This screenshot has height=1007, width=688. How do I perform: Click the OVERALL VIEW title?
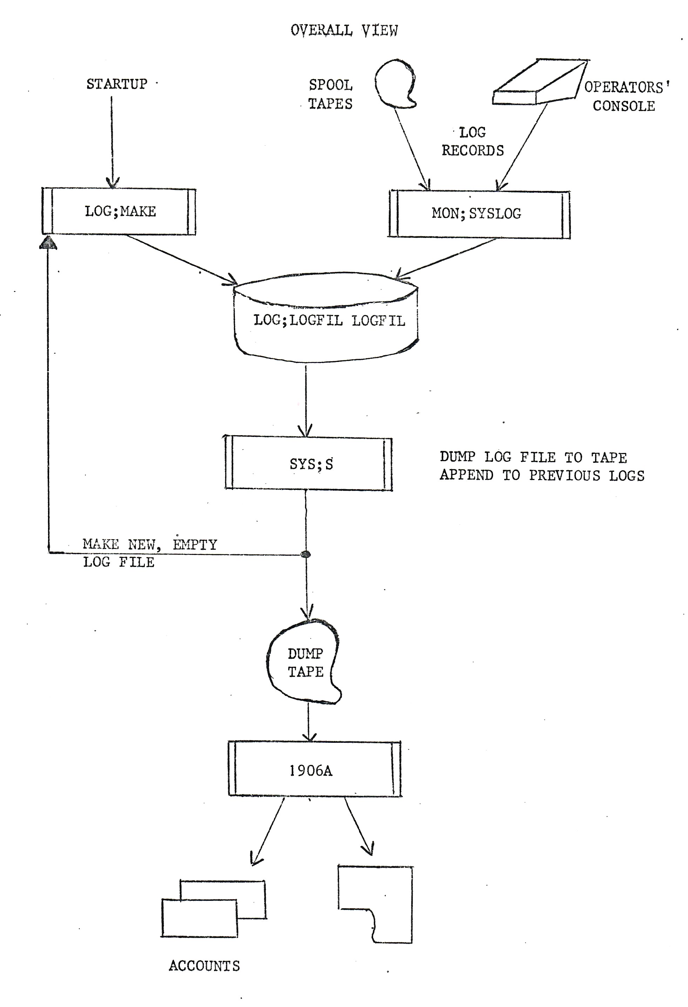click(x=344, y=30)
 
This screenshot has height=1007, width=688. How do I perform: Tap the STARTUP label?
click(x=117, y=84)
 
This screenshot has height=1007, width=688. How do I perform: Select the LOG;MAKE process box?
click(x=119, y=211)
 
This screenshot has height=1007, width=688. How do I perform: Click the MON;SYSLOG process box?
click(x=479, y=214)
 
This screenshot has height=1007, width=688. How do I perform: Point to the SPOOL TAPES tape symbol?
click(x=394, y=84)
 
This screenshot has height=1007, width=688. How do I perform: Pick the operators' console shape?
click(x=539, y=82)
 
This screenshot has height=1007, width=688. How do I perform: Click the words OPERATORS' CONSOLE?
click(x=626, y=97)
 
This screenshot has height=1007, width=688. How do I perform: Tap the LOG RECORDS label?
click(x=473, y=142)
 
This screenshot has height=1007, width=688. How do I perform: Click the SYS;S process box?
click(x=308, y=464)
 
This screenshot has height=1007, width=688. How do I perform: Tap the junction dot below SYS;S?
click(x=306, y=554)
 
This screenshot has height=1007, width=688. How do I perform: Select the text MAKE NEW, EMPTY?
click(x=150, y=544)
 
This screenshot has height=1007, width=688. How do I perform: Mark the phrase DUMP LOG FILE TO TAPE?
click(x=533, y=457)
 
